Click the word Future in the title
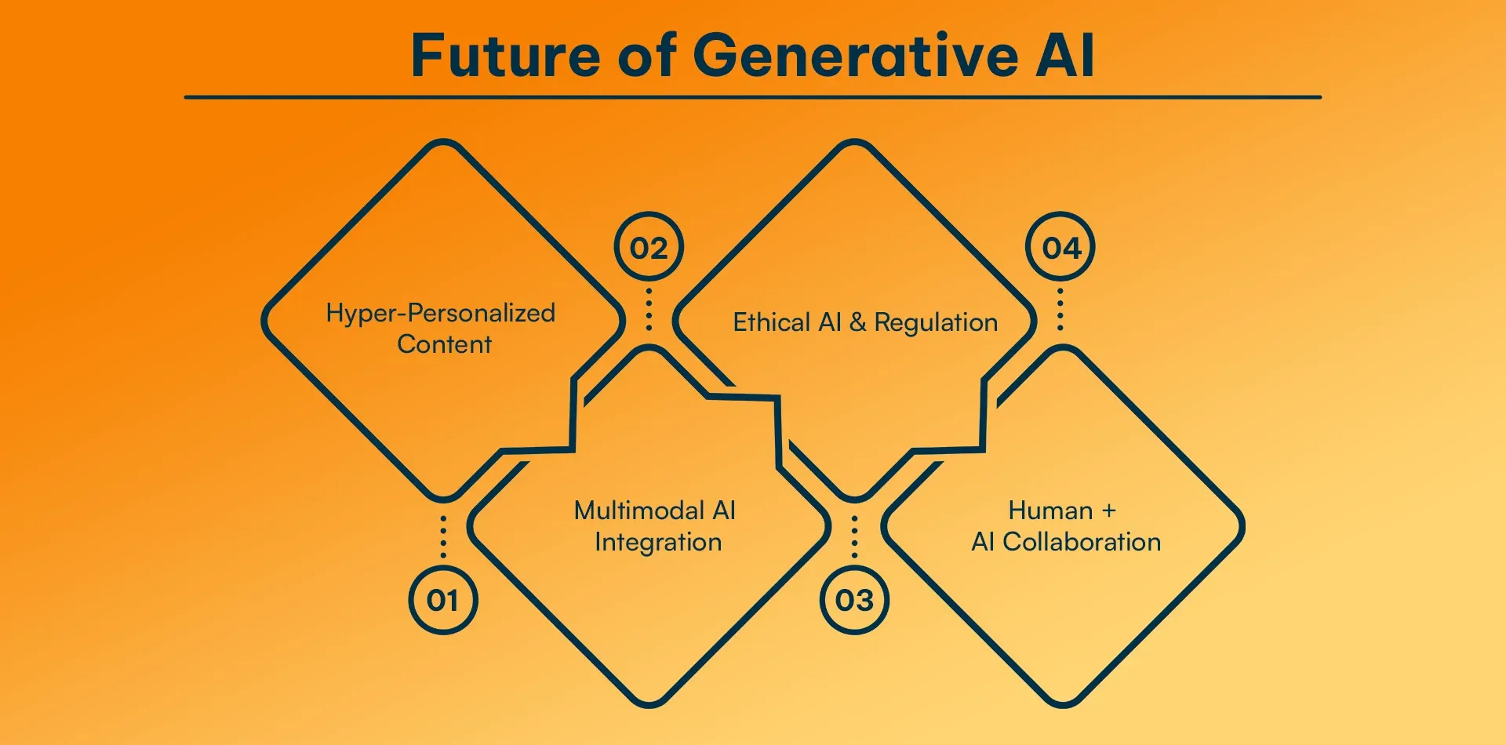pyautogui.click(x=507, y=56)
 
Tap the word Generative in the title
pyautogui.click(x=856, y=56)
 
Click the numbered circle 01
pyautogui.click(x=443, y=601)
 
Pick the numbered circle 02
pyautogui.click(x=649, y=248)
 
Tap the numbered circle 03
pyautogui.click(x=854, y=601)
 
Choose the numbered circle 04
pyautogui.click(x=1060, y=248)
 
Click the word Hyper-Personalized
pyautogui.click(x=441, y=314)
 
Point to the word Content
pyautogui.click(x=444, y=344)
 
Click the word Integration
pyautogui.click(x=658, y=543)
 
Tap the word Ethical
pyautogui.click(x=772, y=322)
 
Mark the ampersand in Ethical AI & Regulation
pyautogui.click(x=857, y=322)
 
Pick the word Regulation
pyautogui.click(x=936, y=323)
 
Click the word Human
pyautogui.click(x=1050, y=511)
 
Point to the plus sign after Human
pyautogui.click(x=1108, y=511)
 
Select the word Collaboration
pyautogui.click(x=1082, y=542)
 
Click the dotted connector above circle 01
pyautogui.click(x=443, y=536)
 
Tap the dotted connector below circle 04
pyautogui.click(x=1060, y=309)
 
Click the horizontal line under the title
pyautogui.click(x=753, y=97)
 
